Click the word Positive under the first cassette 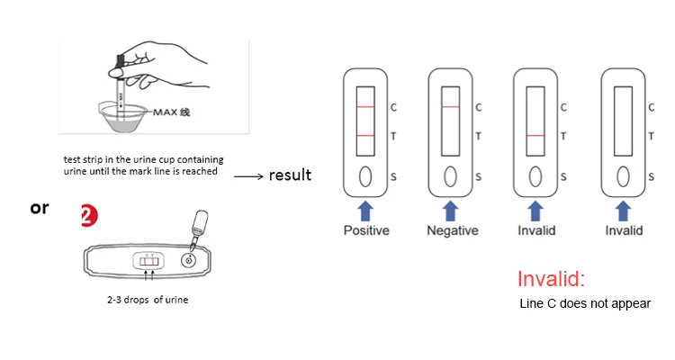pos(366,230)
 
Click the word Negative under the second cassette pos(452,230)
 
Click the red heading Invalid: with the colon pos(551,279)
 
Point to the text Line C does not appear pos(585,303)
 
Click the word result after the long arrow pos(290,175)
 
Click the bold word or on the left pos(39,207)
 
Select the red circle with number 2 pos(88,216)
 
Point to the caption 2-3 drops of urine pos(148,300)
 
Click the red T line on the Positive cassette pos(365,136)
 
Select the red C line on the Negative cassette pos(451,107)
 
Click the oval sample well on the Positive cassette pos(365,175)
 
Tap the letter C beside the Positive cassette pos(392,107)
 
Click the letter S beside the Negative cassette pos(478,176)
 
